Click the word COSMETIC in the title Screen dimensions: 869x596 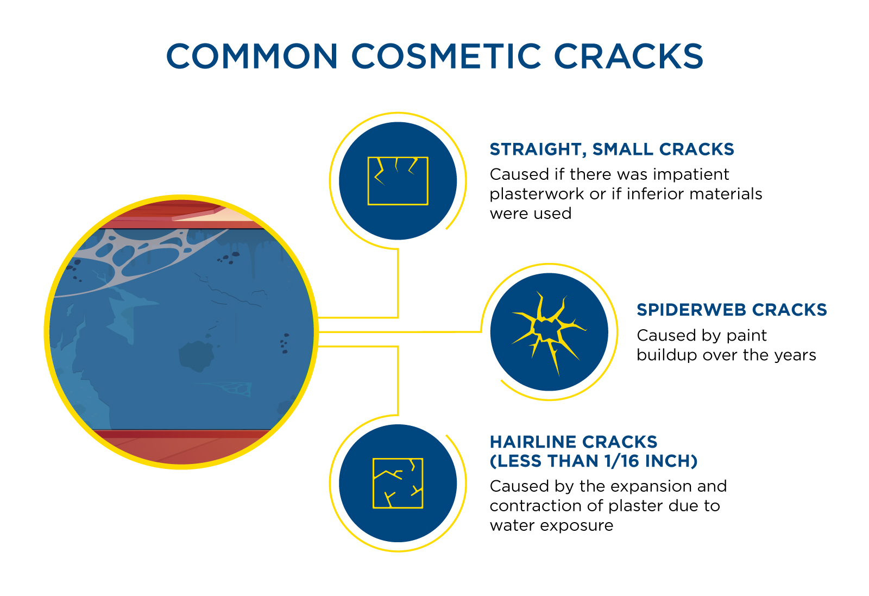coord(446,57)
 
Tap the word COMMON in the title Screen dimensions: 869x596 coord(252,57)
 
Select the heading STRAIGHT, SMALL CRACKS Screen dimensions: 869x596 coord(612,150)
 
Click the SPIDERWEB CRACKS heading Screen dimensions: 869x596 coord(732,310)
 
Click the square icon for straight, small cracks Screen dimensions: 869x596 coord(398,181)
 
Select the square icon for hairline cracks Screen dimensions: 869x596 coord(398,483)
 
